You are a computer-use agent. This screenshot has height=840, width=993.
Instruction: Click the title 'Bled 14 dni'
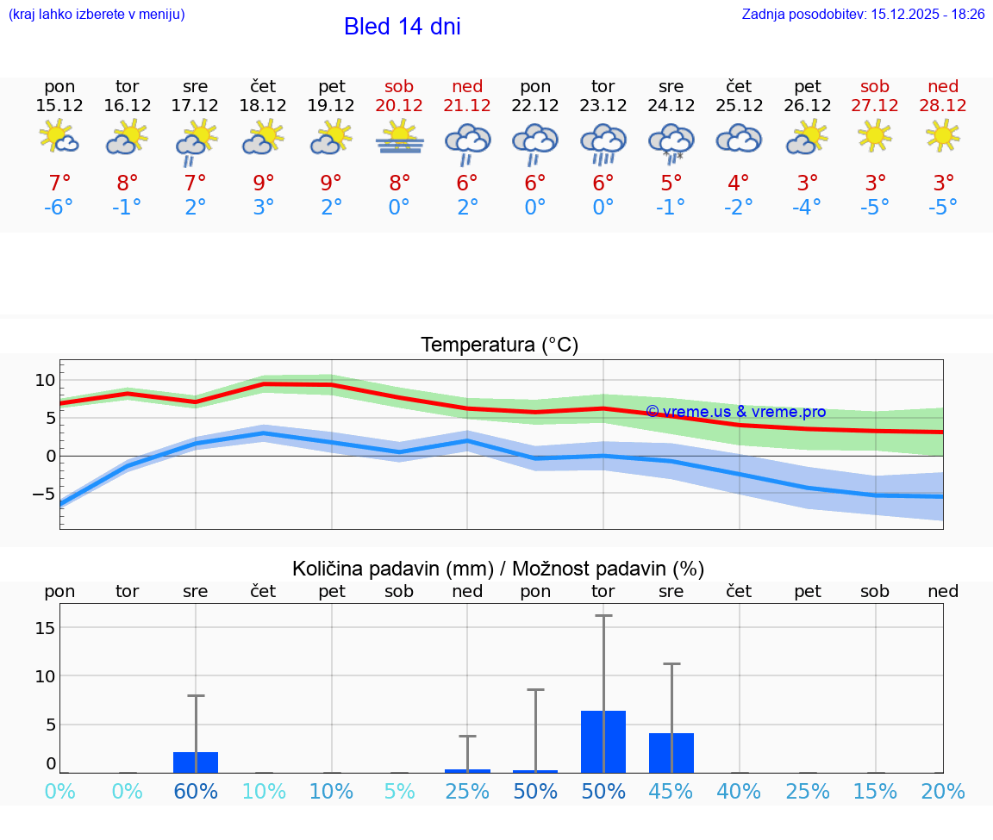[402, 27]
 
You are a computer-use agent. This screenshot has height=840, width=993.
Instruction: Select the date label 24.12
[671, 105]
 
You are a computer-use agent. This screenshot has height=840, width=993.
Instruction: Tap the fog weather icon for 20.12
[399, 138]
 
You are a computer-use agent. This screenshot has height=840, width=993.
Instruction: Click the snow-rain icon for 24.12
[671, 141]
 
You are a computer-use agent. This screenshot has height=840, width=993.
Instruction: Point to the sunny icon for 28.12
[943, 135]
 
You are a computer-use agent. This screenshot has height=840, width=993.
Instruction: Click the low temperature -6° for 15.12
[59, 207]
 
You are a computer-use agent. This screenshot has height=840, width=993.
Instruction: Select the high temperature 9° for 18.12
[264, 183]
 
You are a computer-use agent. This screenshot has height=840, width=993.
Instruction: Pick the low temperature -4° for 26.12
[807, 207]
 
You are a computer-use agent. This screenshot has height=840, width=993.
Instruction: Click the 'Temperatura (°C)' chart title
[499, 345]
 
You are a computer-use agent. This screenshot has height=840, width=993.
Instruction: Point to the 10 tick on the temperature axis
[45, 380]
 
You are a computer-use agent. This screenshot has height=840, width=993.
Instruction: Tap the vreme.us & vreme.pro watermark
[735, 412]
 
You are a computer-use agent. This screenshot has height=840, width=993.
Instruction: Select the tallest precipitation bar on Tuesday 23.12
[603, 742]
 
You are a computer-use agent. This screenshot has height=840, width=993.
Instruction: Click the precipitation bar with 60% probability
[196, 762]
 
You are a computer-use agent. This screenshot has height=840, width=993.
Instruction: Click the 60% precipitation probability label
[196, 792]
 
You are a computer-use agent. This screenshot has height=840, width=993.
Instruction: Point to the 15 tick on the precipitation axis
[45, 628]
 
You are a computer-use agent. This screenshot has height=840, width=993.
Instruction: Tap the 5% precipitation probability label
[399, 792]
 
